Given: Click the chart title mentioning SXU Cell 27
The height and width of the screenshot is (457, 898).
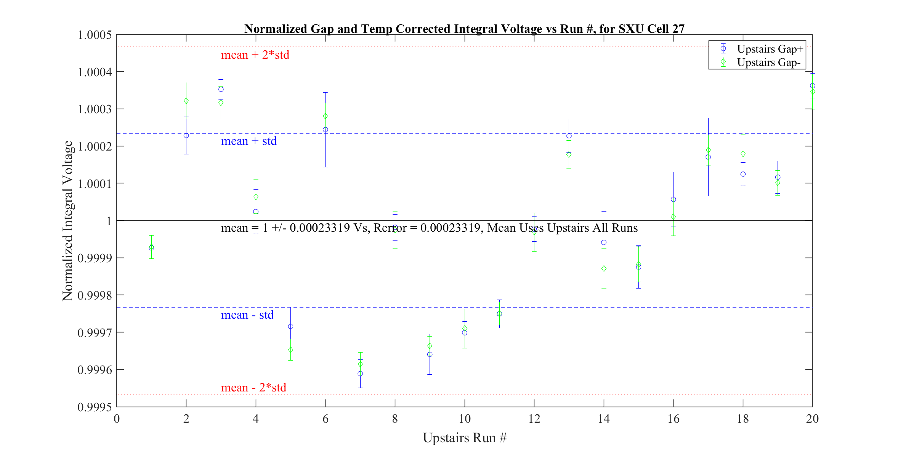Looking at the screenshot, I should click(x=464, y=29).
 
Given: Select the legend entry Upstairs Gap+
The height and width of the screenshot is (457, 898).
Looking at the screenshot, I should click(x=770, y=49).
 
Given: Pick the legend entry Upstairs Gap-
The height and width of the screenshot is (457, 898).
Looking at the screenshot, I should click(x=768, y=62).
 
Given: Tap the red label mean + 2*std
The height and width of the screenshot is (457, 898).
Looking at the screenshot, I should click(x=255, y=55).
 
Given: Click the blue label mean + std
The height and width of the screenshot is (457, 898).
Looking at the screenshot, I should click(x=249, y=141).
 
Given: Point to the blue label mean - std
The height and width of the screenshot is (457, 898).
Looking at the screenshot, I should click(x=247, y=315).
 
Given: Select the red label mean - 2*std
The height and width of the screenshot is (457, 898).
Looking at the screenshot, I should click(x=253, y=388).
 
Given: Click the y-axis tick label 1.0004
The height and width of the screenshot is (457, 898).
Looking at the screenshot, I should click(x=95, y=72).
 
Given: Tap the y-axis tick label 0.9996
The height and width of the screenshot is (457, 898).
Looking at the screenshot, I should click(x=95, y=370).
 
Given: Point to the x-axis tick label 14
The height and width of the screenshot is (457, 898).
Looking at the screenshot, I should click(x=604, y=419).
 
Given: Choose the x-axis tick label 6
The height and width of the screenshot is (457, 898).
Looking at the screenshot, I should click(x=325, y=419).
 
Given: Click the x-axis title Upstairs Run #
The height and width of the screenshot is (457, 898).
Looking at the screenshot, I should click(x=464, y=438).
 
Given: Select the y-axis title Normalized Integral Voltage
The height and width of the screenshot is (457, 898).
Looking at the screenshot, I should click(x=67, y=221).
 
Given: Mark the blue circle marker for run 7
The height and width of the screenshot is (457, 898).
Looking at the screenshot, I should click(x=360, y=374).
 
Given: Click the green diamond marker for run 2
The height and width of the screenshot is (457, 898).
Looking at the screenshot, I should click(x=186, y=101).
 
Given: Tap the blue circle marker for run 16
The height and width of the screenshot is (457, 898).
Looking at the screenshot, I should click(x=673, y=199).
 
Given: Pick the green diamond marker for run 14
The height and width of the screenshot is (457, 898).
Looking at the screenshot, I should click(x=604, y=269).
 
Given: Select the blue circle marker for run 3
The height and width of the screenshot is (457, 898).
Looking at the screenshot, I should click(x=221, y=89).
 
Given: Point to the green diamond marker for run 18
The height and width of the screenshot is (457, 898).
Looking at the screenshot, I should click(x=743, y=154).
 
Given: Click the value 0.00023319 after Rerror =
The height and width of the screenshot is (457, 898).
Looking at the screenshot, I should click(x=450, y=228).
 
